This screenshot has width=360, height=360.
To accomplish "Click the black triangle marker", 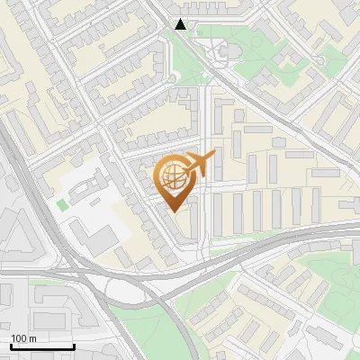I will click(181, 24).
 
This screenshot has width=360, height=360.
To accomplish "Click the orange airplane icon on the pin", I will click(199, 163).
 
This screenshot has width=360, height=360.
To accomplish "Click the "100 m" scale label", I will click(23, 338).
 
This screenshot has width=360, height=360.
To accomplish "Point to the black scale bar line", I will click(42, 346).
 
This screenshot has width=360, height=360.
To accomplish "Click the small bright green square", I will click(61, 204).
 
